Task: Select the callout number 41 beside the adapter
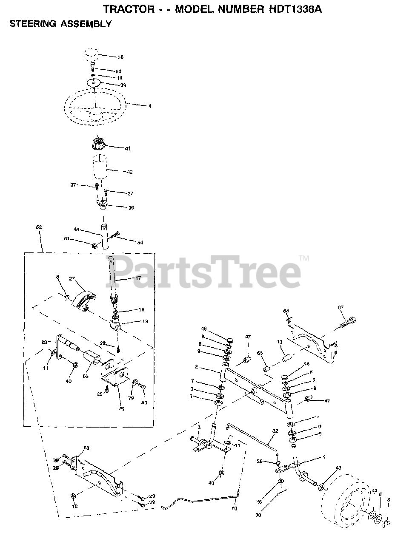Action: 128,148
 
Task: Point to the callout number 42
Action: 130,172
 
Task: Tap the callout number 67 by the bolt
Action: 341,307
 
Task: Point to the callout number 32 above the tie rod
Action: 275,431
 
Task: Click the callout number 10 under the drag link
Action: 234,508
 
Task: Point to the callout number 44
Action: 77,229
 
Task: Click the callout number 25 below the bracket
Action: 121,409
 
